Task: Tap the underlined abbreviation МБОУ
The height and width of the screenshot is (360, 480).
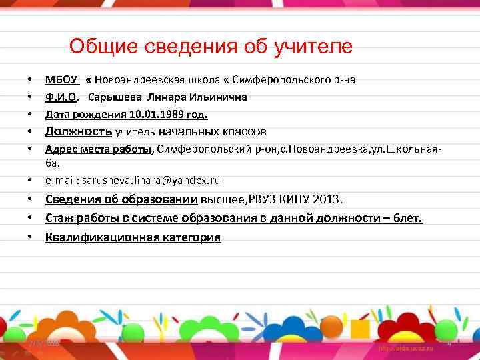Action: pyautogui.click(x=62, y=80)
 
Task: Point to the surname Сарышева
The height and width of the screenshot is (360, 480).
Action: pyautogui.click(x=115, y=97)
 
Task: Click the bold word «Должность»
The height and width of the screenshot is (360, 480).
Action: pyautogui.click(x=79, y=131)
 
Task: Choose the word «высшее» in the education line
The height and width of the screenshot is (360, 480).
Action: pyautogui.click(x=223, y=199)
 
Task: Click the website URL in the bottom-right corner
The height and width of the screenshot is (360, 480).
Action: pyautogui.click(x=406, y=348)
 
